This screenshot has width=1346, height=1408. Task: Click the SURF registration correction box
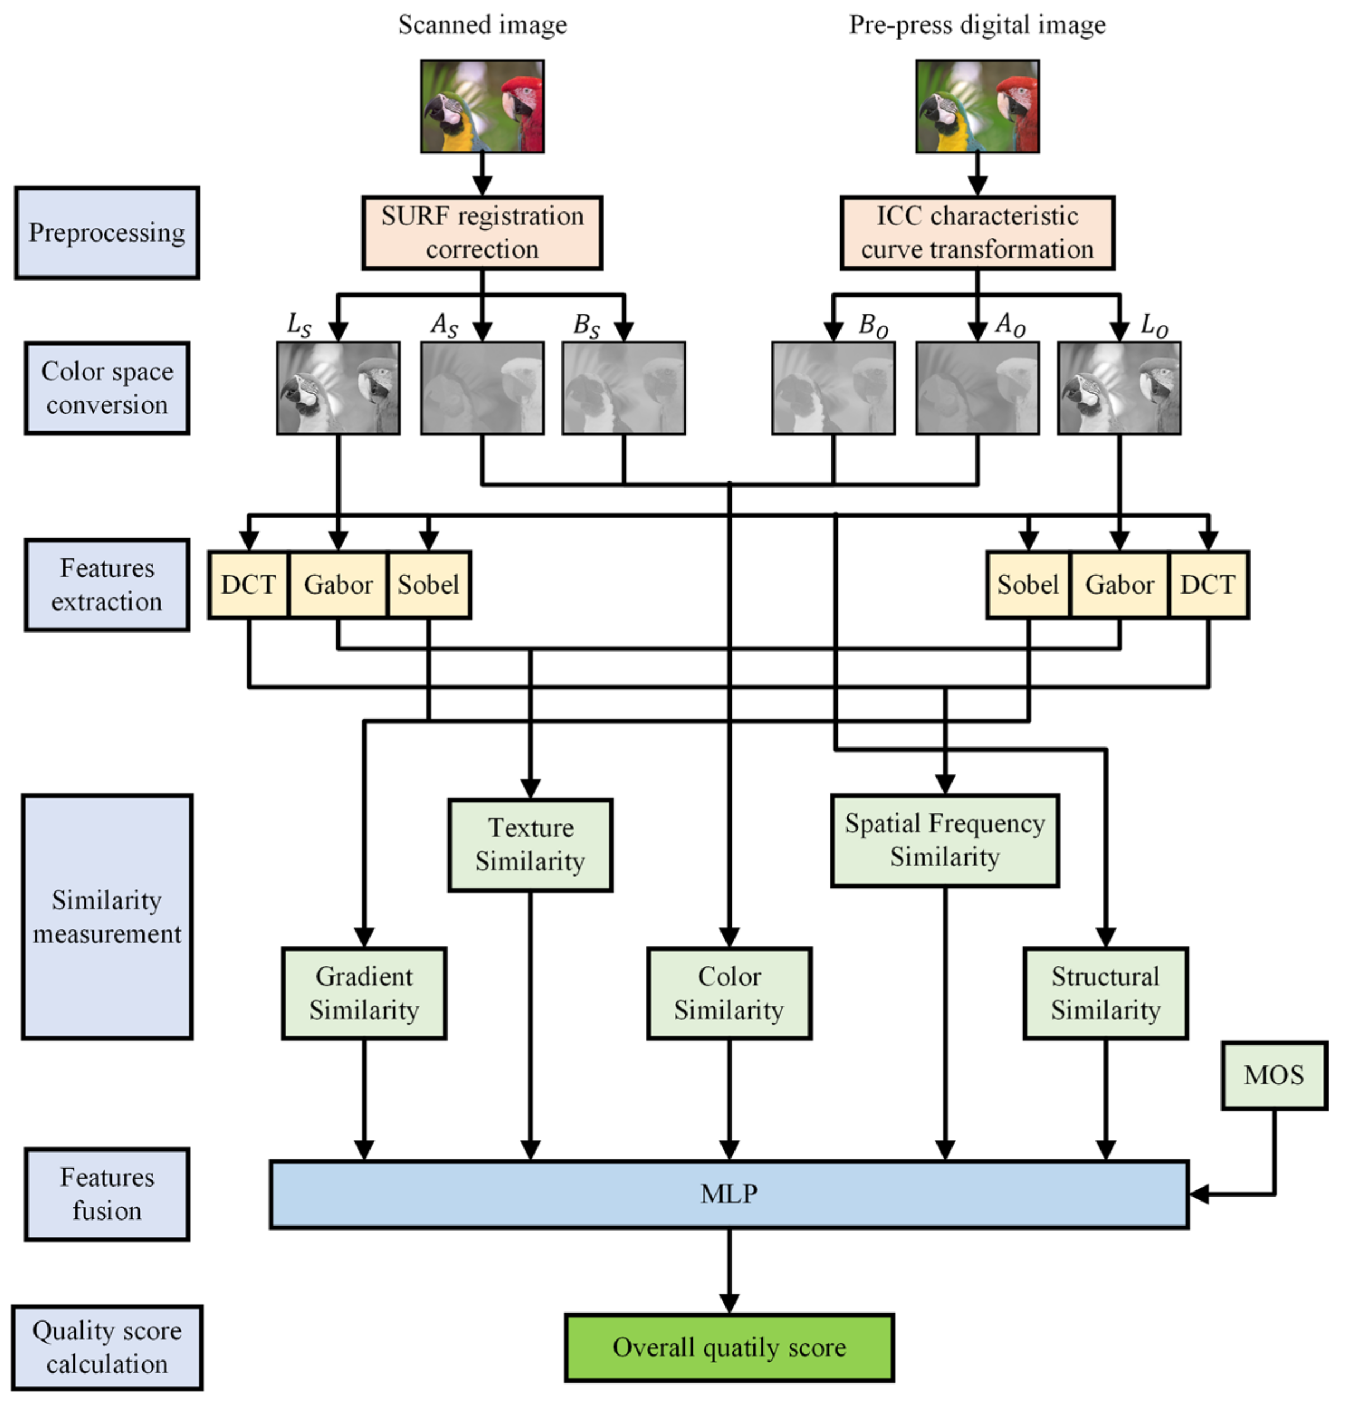click(482, 233)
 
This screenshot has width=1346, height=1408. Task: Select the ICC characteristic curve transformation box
click(977, 233)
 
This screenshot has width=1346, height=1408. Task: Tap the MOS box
click(1274, 1075)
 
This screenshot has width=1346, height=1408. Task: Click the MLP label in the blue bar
click(729, 1194)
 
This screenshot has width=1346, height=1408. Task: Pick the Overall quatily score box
click(729, 1347)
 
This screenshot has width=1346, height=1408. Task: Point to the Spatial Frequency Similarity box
click(945, 840)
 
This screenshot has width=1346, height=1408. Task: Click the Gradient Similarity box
click(364, 993)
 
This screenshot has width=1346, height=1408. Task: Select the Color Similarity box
click(729, 993)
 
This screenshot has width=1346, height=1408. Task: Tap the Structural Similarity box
click(1105, 993)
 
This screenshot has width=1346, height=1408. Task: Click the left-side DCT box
click(248, 585)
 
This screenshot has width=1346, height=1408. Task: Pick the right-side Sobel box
click(1027, 585)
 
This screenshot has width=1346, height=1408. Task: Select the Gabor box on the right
click(1119, 585)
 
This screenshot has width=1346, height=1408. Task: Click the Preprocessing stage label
click(107, 233)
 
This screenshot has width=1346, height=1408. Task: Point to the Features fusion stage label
click(107, 1194)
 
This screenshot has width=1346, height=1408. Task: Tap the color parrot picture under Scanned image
click(482, 106)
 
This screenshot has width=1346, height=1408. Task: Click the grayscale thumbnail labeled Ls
click(338, 388)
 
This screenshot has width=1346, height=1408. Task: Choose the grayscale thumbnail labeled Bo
click(833, 388)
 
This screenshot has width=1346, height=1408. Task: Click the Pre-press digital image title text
click(977, 25)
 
